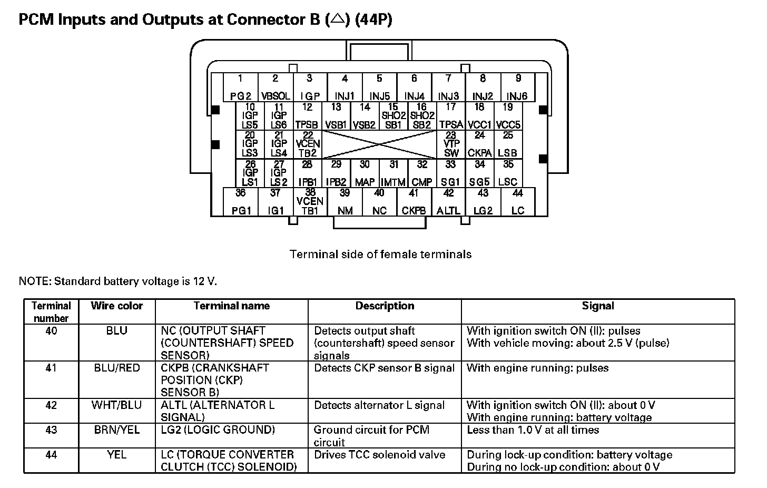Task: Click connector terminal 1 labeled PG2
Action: click(x=241, y=87)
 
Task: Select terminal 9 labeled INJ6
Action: click(x=517, y=87)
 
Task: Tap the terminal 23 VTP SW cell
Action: click(x=451, y=144)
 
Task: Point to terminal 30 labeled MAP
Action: click(x=365, y=173)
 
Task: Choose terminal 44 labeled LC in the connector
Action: click(x=518, y=202)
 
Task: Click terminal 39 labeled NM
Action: click(x=345, y=202)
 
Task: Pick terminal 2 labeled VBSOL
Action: click(x=276, y=87)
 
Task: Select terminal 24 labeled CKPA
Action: click(x=479, y=144)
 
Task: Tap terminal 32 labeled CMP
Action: click(x=422, y=173)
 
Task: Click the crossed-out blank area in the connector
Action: click(x=379, y=144)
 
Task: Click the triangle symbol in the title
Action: click(x=338, y=19)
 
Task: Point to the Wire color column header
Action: click(x=116, y=306)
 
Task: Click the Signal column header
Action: click(x=598, y=306)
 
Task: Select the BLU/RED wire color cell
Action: click(x=116, y=368)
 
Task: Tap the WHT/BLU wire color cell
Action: click(x=116, y=405)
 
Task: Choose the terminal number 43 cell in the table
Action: click(x=51, y=430)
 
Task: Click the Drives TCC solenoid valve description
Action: click(x=379, y=455)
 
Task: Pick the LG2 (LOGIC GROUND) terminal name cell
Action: click(x=218, y=430)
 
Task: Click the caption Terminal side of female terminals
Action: click(x=380, y=255)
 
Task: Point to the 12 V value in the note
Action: click(x=207, y=281)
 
